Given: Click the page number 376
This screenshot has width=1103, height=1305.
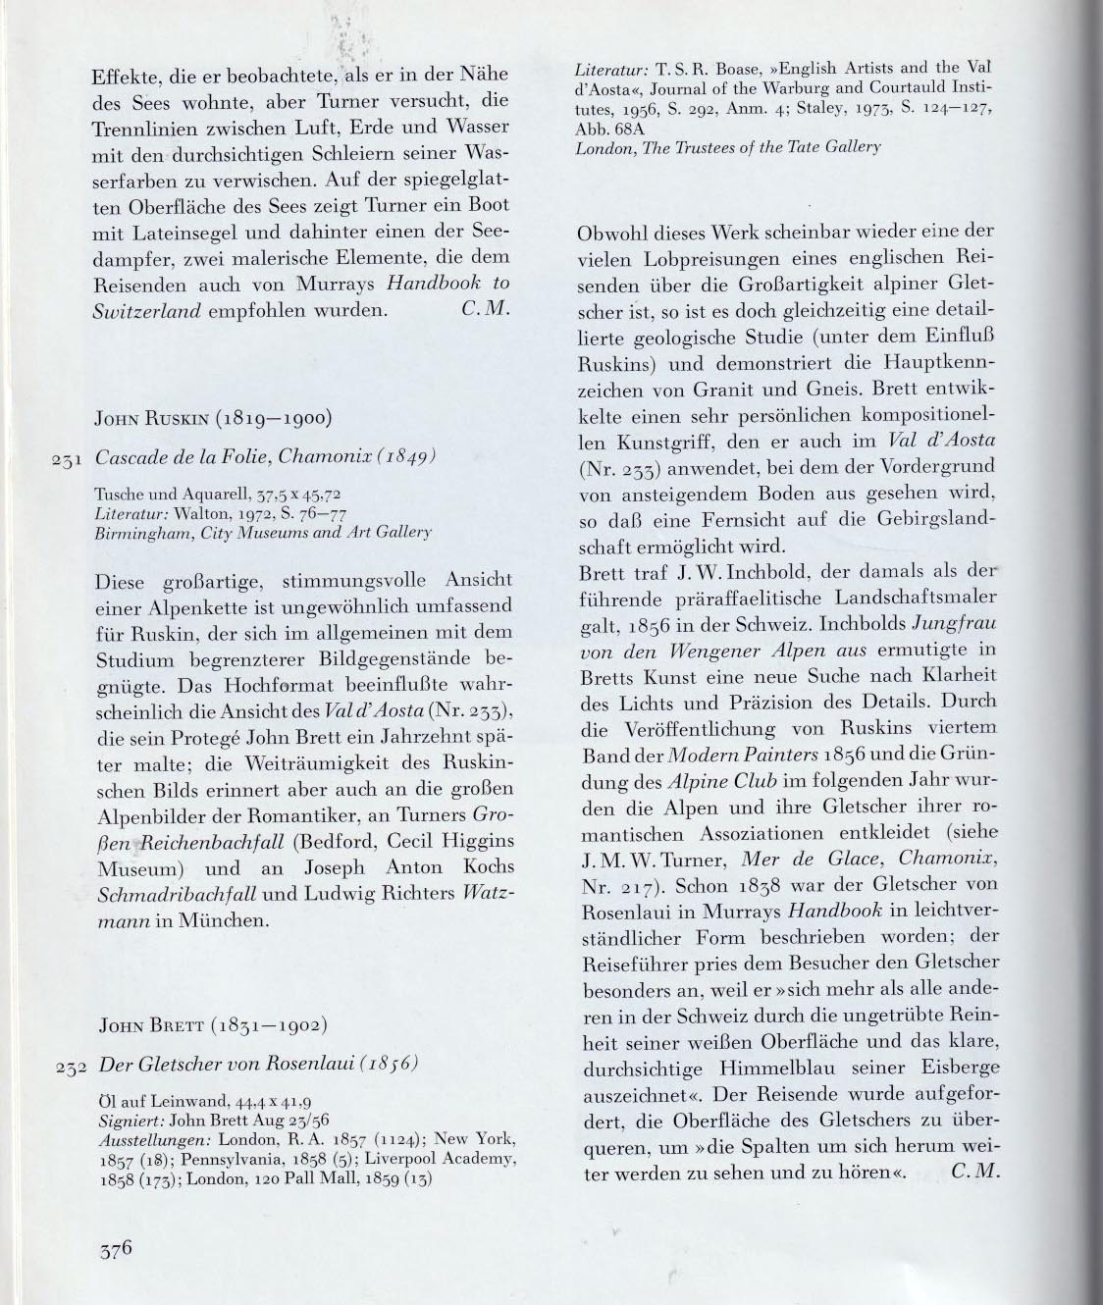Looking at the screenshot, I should click(115, 1251).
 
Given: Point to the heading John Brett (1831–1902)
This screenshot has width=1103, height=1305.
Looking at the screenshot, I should click(213, 1027).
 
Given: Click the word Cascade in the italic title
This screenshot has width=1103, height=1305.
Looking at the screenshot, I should click(134, 457).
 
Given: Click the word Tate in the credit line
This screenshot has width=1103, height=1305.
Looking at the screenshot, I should click(802, 146).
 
